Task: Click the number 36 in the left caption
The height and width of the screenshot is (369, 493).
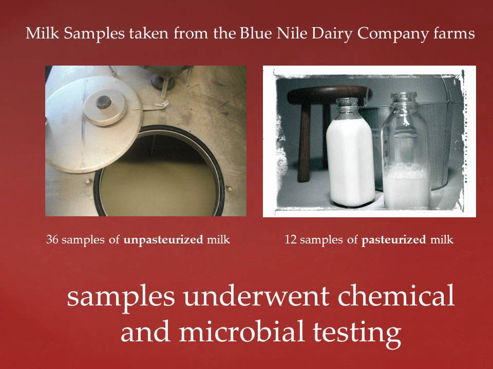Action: pos(52,239)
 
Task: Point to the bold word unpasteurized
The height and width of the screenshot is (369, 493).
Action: pos(163,240)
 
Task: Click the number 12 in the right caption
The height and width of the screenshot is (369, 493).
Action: pos(290,239)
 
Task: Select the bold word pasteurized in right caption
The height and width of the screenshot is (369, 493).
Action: pos(393,240)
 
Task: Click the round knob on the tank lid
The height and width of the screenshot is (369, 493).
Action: pos(105,100)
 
